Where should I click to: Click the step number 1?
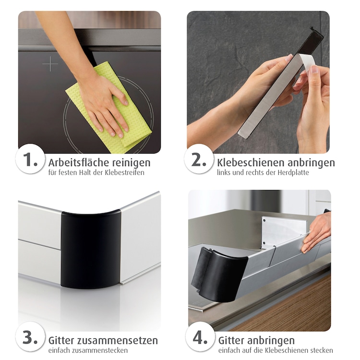30,159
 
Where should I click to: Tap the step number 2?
199,159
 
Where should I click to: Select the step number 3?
30,337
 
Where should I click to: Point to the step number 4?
200,337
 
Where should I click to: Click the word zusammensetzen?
117,340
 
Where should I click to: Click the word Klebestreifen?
124,172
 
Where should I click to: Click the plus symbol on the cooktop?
50,64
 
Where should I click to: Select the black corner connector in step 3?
91,248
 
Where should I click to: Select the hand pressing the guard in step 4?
316,232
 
